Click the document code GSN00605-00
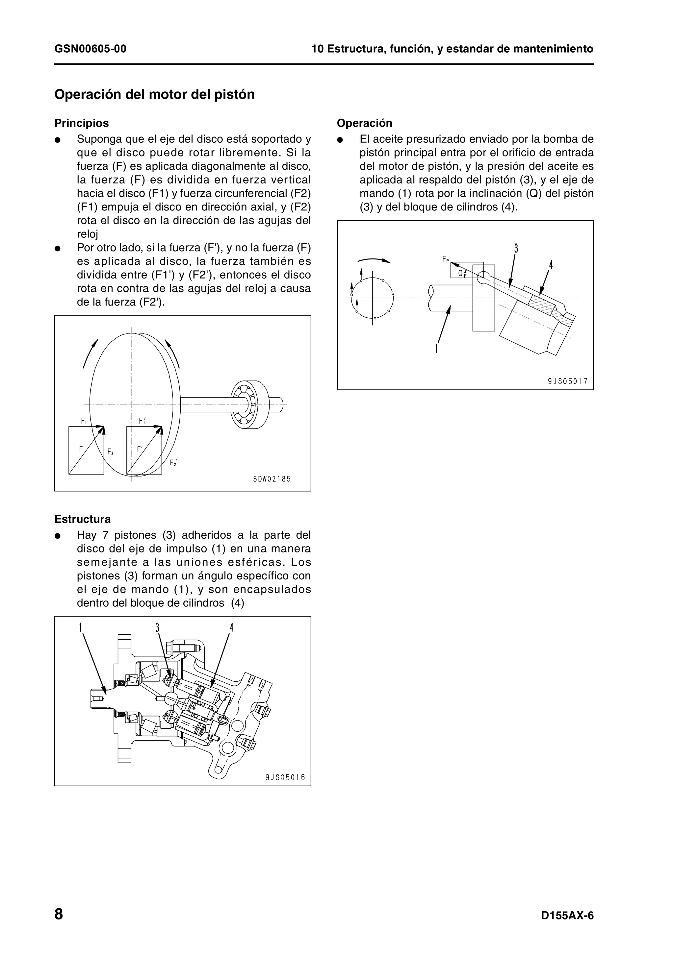click(91, 49)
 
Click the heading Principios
click(81, 123)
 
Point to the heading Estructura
click(83, 519)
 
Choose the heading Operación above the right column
click(364, 123)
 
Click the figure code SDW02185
click(272, 479)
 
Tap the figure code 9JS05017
click(567, 381)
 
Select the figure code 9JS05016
click(285, 777)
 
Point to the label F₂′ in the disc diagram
click(173, 462)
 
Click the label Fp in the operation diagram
click(445, 259)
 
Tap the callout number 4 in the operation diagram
click(551, 264)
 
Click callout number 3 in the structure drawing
click(157, 627)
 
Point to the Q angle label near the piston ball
click(460, 273)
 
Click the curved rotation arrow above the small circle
click(374, 260)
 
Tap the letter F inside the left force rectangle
click(81, 449)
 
